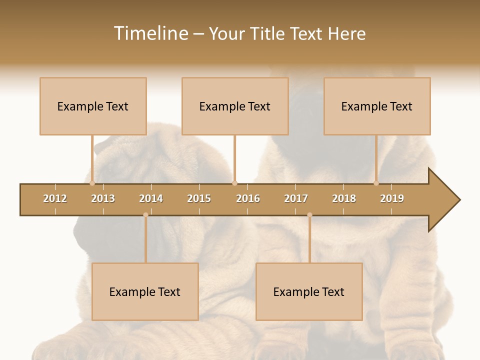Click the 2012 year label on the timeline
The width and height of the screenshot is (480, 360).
[55, 198]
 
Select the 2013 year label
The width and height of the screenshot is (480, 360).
[103, 198]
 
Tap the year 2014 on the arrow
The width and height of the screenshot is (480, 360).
[151, 198]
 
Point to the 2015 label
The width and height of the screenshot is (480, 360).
[199, 198]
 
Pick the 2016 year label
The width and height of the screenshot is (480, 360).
[248, 198]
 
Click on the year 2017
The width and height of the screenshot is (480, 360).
[296, 198]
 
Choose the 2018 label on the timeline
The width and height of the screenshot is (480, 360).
[344, 198]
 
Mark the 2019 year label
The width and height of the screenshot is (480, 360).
[392, 198]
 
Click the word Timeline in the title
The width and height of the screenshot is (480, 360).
[150, 33]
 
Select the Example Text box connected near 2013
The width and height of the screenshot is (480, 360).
[93, 106]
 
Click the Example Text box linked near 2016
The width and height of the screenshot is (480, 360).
[235, 106]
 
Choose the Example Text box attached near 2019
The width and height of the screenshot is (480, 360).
[377, 106]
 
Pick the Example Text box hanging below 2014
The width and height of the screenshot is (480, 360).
[145, 291]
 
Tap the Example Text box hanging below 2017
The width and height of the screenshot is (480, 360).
[309, 291]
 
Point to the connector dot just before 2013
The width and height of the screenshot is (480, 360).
[92, 183]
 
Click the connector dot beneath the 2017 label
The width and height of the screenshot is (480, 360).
[309, 215]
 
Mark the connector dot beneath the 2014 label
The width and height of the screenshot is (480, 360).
[145, 215]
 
